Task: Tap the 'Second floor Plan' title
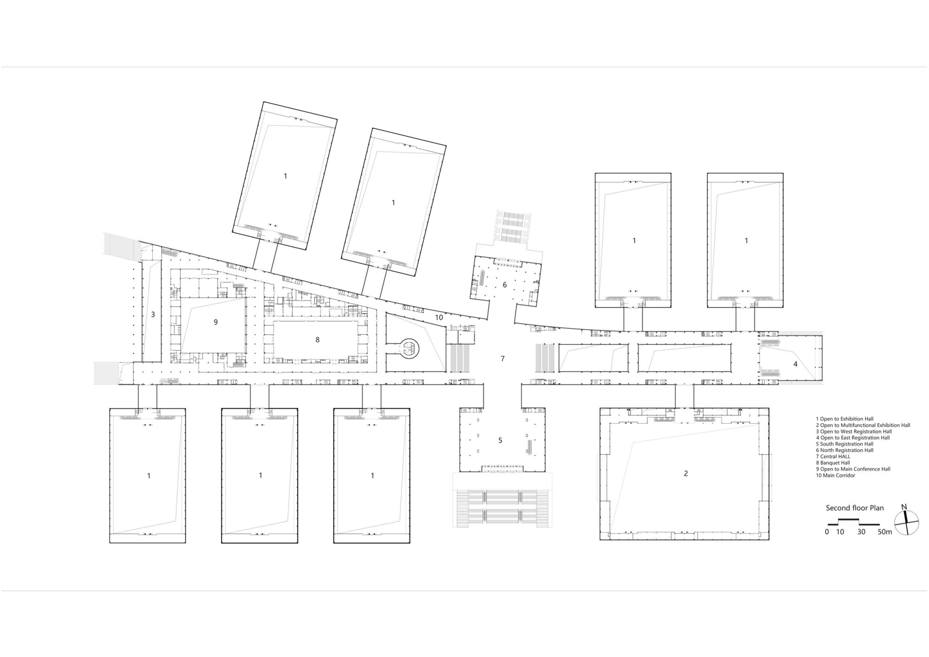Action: point(855,508)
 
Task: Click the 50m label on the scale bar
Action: point(885,532)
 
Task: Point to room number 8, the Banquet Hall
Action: point(318,340)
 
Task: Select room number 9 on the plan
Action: point(216,322)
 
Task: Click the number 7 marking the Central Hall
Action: point(503,358)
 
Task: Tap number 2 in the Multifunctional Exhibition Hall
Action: point(686,473)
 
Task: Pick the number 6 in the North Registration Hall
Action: point(505,284)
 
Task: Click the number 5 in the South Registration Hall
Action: point(500,440)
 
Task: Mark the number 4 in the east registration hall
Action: point(795,364)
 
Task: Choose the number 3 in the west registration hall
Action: point(153,315)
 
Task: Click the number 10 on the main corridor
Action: point(439,317)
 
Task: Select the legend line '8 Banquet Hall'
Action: point(833,463)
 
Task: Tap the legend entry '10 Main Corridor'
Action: point(835,475)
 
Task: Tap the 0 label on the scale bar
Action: point(827,532)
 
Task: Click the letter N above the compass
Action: point(904,506)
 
